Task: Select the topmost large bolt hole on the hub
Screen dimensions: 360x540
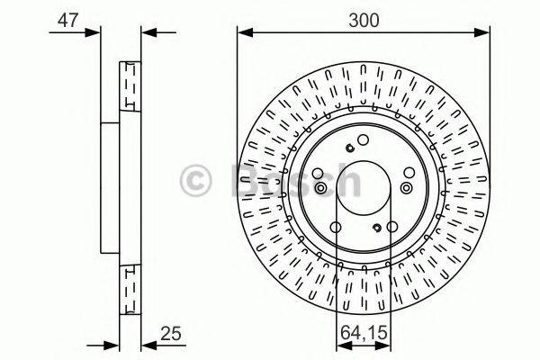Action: tap(363, 139)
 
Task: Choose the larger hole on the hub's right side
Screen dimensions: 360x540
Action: tap(408, 187)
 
